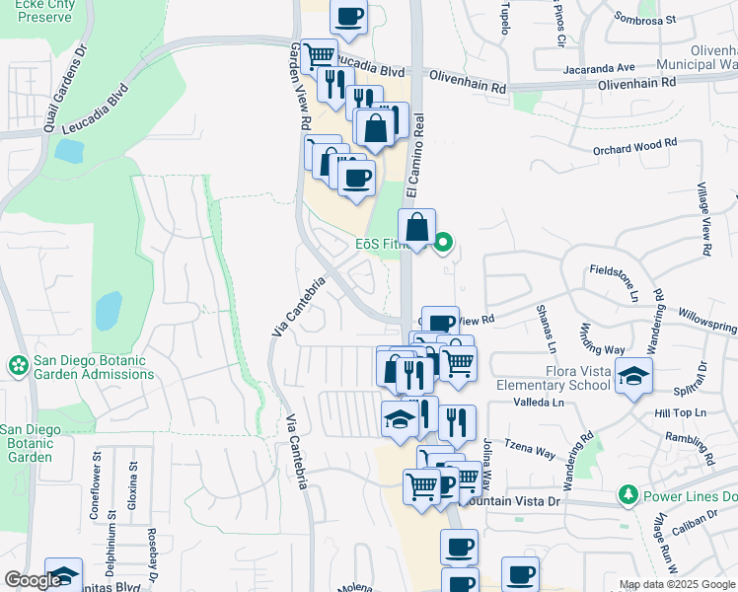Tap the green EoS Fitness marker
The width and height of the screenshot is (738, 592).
coord(444,240)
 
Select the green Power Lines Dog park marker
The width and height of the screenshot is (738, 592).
coord(626,493)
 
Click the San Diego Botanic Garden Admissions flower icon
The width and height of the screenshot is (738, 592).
coord(17,366)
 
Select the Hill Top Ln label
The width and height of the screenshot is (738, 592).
coord(680,412)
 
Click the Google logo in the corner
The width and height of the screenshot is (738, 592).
coord(32,580)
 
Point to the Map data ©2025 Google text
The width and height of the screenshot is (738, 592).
coord(676,584)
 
